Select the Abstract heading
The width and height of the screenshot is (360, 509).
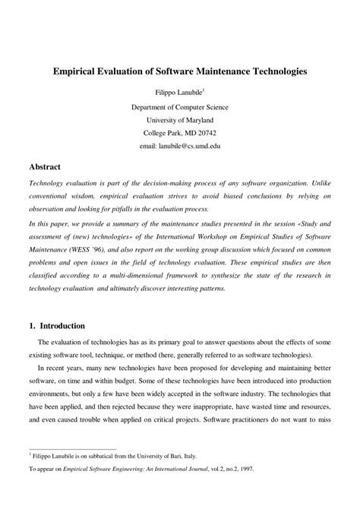click(x=45, y=166)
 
